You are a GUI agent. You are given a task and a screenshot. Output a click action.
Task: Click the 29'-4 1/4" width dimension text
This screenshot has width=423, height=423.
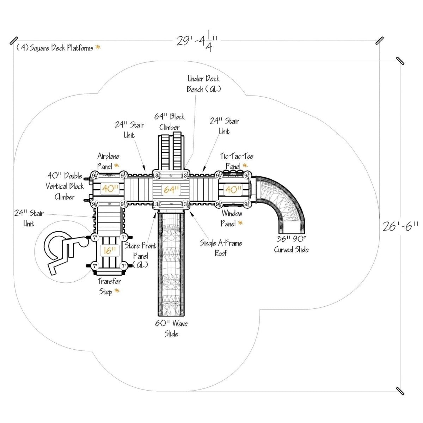(196, 42)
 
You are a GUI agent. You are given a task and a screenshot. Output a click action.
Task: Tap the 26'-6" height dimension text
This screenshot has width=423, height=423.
(400, 226)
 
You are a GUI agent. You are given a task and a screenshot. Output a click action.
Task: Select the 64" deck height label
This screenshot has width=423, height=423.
(171, 190)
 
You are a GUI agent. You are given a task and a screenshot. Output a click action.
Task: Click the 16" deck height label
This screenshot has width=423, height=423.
(110, 251)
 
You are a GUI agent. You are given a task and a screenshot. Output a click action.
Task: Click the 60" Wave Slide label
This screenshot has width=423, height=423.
(171, 329)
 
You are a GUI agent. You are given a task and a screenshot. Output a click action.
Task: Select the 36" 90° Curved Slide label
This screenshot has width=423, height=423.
(291, 244)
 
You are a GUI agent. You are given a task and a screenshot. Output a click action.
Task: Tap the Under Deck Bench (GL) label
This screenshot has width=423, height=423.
(204, 84)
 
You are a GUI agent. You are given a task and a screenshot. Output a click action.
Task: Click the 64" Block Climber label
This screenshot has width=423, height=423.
(170, 122)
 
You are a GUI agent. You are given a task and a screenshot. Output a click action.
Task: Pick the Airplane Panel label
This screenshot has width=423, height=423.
(108, 161)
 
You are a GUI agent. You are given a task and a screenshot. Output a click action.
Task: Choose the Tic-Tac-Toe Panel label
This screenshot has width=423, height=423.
(237, 161)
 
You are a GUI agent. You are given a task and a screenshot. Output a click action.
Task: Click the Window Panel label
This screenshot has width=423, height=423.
(232, 218)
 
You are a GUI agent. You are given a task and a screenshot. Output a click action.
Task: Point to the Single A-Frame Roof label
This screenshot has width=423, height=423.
(221, 248)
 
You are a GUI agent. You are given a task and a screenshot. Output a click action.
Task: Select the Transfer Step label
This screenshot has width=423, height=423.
(109, 287)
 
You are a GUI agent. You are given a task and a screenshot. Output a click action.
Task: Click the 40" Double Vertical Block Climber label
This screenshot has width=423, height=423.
(65, 186)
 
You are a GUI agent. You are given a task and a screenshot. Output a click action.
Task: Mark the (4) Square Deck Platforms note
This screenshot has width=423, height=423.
(55, 48)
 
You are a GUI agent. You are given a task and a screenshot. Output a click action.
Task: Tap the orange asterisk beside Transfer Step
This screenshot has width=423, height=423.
(117, 291)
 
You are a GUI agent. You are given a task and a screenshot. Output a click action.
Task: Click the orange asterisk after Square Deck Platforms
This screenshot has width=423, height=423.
(98, 47)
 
